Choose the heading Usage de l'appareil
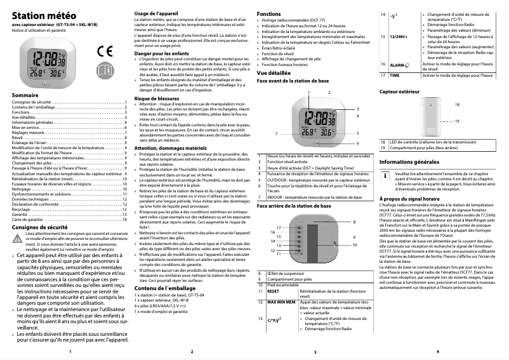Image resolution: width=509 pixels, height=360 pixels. click(157, 14)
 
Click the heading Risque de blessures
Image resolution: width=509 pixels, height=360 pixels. click(157, 99)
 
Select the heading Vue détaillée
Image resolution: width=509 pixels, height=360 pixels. click(274, 74)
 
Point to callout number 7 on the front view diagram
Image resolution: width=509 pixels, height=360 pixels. click(277, 134)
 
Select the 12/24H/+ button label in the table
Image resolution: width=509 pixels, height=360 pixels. click(399, 37)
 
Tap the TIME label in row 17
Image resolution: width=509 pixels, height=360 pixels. click(394, 75)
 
